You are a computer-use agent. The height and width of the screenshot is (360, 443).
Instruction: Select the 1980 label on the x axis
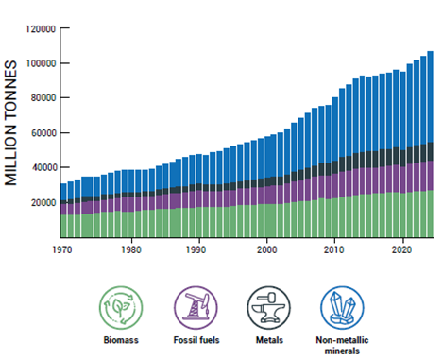[x=131, y=250]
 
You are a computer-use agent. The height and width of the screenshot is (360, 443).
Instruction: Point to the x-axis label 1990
[x=198, y=250]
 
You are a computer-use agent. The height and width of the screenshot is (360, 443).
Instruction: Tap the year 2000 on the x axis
[x=266, y=250]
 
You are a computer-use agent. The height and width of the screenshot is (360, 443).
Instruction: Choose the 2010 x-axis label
[x=333, y=250]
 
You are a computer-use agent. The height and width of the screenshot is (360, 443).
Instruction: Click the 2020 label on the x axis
[x=400, y=250]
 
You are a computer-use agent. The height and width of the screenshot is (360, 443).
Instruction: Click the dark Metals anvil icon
[x=266, y=307]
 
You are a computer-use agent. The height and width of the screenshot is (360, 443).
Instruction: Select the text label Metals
[x=266, y=340]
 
